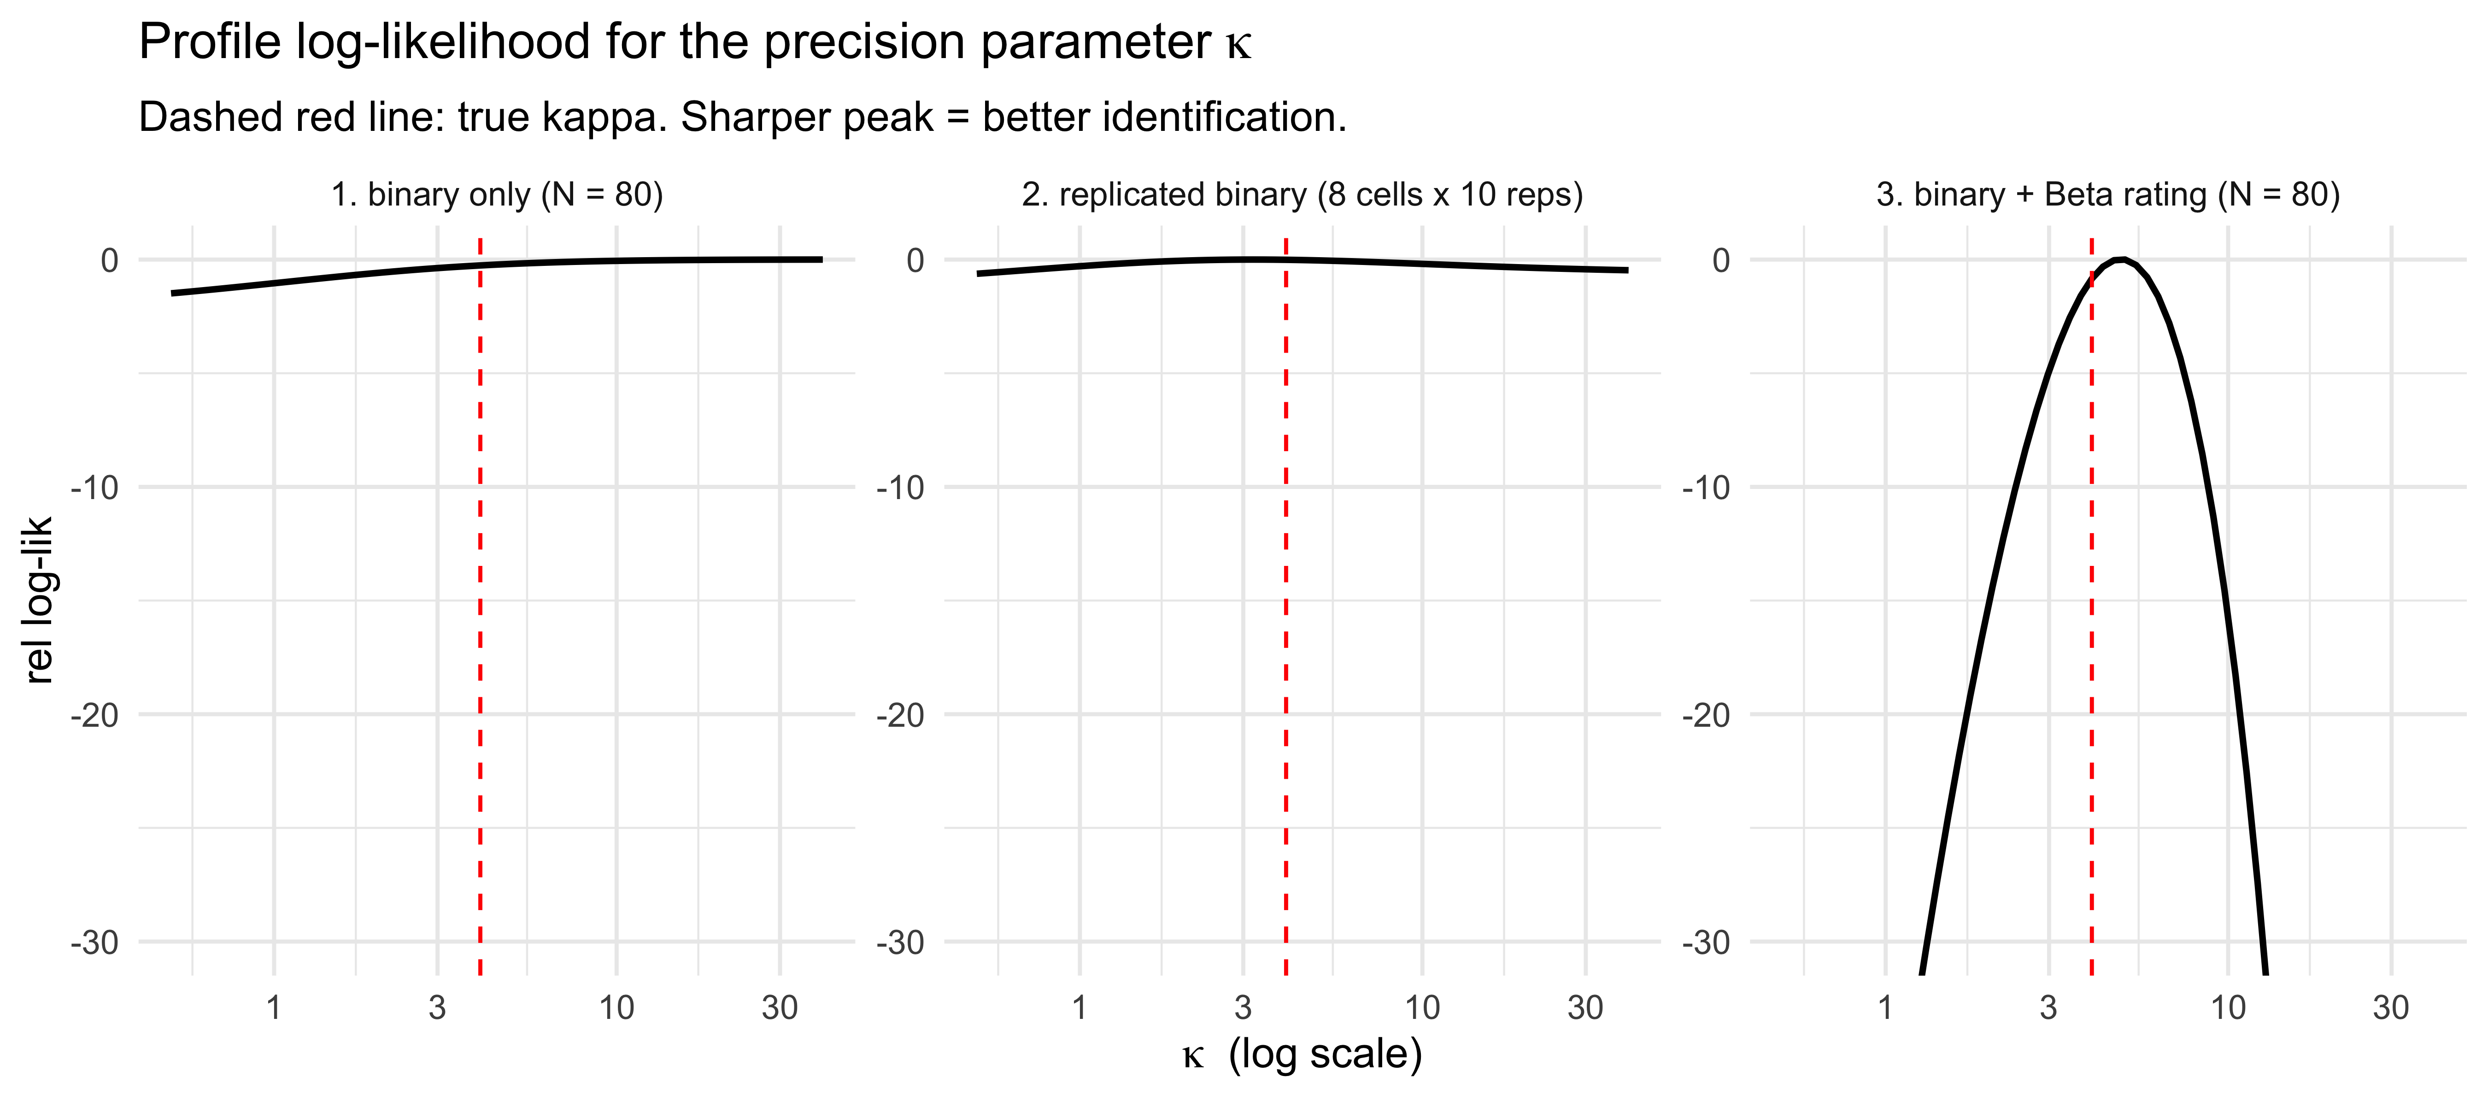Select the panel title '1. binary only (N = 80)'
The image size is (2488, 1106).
(498, 195)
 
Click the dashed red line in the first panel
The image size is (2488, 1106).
(480, 606)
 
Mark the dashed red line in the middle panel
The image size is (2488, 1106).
(1285, 606)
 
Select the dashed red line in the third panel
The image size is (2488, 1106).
(2091, 606)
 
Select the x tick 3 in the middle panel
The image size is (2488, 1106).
(1243, 1007)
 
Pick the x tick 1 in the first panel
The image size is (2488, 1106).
(274, 1007)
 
